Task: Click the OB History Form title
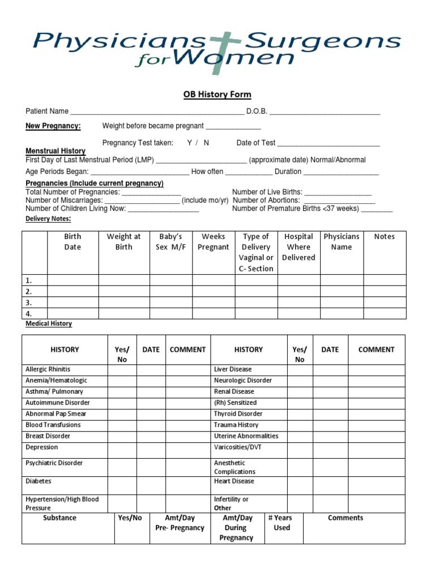click(217, 95)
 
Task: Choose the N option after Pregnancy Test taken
click(206, 143)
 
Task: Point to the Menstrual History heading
click(56, 151)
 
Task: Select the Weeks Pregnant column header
click(214, 242)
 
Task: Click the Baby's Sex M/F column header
click(170, 242)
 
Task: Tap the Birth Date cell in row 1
click(72, 280)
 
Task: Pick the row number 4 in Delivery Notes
click(29, 313)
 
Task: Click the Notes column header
click(385, 237)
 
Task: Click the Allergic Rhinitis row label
click(48, 369)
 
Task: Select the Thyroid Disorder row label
click(238, 413)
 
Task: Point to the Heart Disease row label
click(234, 481)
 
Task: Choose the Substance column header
click(59, 518)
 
